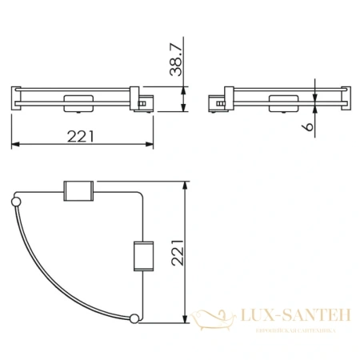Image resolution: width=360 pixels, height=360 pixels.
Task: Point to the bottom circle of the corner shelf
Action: point(134,321)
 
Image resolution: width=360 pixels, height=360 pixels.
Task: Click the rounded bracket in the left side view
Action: point(76,102)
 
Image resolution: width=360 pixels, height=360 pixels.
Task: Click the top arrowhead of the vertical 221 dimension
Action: point(187,195)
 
